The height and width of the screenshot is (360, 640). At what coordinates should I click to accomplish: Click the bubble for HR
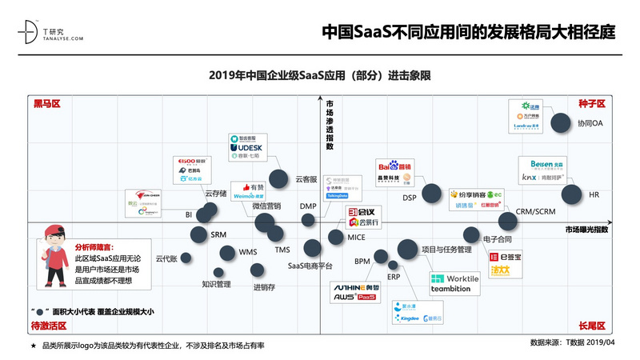click(571, 194)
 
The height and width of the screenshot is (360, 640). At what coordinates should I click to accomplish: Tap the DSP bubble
click(431, 193)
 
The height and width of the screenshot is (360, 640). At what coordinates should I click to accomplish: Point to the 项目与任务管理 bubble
click(407, 249)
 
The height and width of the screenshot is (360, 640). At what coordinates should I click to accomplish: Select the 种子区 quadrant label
click(591, 105)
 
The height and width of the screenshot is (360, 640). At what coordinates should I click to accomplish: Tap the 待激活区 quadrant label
click(49, 326)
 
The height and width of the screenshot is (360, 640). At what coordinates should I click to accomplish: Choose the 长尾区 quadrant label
click(591, 326)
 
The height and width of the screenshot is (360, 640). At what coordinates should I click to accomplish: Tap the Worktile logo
click(455, 278)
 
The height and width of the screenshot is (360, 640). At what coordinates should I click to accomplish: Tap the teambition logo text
click(450, 289)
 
